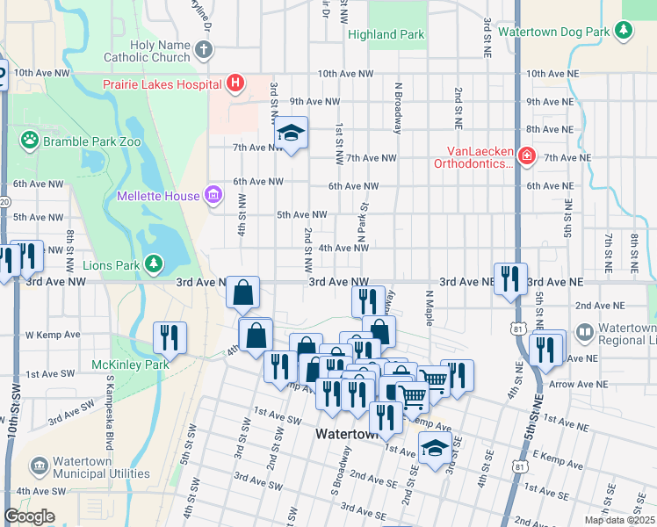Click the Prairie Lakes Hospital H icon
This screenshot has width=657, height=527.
[235, 84]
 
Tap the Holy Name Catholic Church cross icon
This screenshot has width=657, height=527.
[204, 50]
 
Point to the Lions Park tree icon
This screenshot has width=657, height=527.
[154, 263]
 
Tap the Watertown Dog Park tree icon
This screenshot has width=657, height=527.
[624, 32]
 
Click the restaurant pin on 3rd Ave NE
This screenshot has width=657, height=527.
[509, 278]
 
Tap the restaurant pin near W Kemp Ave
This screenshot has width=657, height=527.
[170, 337]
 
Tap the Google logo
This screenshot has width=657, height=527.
[29, 516]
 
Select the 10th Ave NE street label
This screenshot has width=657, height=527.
[549, 75]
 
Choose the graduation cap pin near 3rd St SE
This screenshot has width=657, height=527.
[434, 449]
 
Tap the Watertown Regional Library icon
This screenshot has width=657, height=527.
[584, 334]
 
